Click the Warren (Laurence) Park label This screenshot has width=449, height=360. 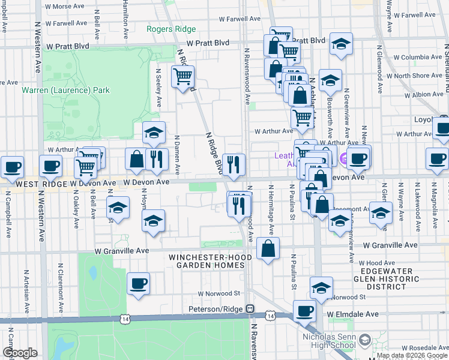66,90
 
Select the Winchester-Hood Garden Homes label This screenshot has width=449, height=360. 208,262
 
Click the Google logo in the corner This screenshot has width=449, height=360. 19,353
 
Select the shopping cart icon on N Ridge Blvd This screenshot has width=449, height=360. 182,76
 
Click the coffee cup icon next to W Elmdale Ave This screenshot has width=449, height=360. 305,310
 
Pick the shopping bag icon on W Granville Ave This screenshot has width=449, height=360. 268,248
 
